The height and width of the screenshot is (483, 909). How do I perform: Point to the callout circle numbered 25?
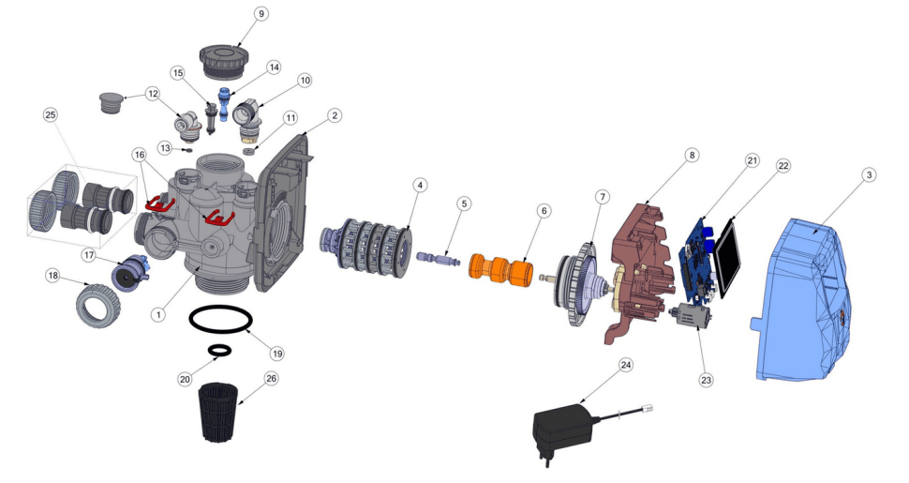(x=51, y=114)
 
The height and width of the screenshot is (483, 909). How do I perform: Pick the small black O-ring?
(x=220, y=350)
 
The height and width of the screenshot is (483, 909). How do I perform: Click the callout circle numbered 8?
(x=691, y=155)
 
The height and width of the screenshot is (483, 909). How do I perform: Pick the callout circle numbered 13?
(x=165, y=147)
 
